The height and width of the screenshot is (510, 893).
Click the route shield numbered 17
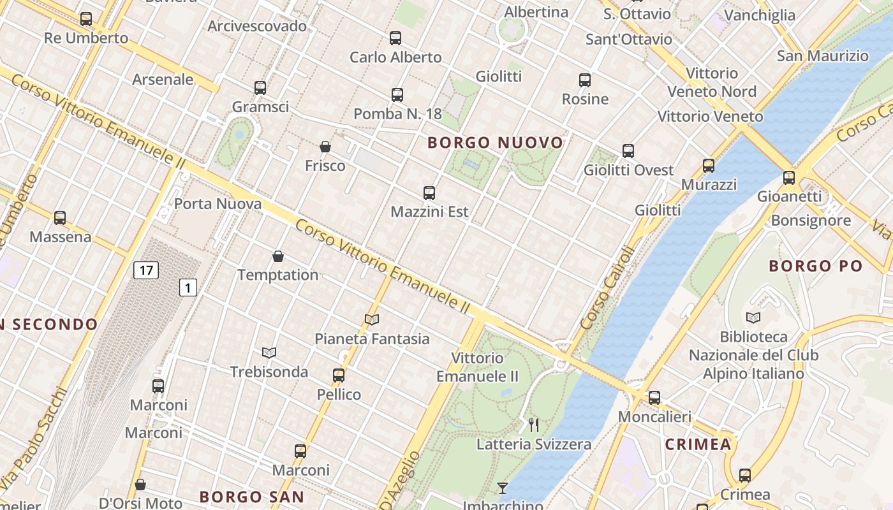(146, 270)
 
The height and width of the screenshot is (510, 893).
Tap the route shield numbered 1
(188, 288)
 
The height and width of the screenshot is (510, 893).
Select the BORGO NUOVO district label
(496, 143)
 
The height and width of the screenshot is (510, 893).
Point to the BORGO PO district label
(815, 266)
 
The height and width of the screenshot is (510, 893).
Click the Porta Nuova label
(218, 204)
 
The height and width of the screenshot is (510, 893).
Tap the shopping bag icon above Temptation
(278, 256)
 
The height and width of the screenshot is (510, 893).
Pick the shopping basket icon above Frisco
(325, 147)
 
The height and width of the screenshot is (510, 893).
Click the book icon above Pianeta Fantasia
(372, 319)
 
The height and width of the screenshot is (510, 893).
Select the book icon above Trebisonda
(269, 353)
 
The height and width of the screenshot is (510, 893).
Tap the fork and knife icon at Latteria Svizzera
(534, 425)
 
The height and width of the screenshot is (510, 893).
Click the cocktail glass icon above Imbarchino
(503, 488)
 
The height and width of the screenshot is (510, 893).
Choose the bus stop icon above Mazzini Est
(429, 193)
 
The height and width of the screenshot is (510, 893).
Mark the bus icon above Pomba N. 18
(397, 95)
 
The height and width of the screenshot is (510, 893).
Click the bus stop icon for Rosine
(585, 80)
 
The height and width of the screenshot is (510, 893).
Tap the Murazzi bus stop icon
(709, 166)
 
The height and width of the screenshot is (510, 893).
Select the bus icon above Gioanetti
(789, 177)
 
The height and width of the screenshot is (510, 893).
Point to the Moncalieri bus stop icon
(654, 398)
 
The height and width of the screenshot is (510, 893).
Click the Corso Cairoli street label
(608, 288)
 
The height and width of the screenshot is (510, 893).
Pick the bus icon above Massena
(60, 218)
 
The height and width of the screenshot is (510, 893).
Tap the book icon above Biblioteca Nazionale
(753, 317)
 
